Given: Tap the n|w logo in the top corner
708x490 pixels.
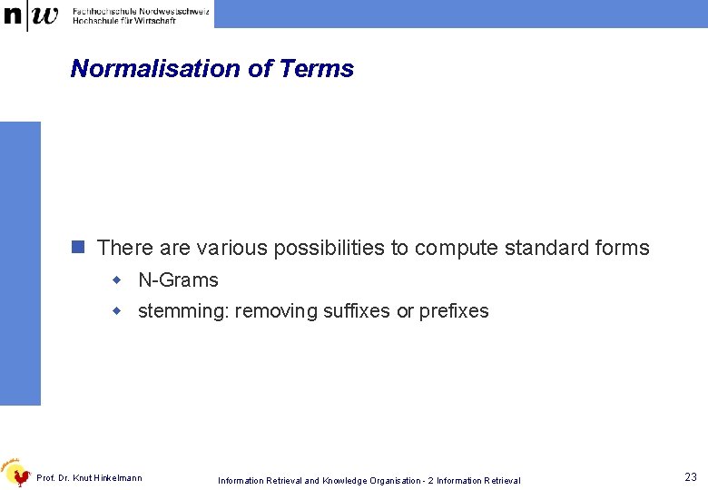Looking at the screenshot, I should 31,15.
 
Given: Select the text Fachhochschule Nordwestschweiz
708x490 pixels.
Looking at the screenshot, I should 140,9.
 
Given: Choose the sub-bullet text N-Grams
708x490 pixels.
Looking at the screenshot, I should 178,280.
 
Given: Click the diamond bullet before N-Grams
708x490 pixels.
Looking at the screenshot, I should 116,280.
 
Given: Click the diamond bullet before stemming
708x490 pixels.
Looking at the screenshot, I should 116,311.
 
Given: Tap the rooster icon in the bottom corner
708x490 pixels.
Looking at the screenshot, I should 15,472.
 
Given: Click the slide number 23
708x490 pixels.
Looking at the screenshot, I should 691,477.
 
